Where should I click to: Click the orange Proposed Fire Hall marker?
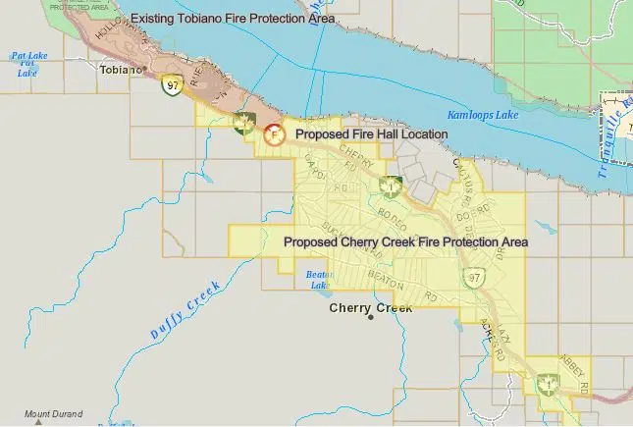click(x=275, y=133)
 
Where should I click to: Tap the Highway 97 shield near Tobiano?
click(x=171, y=86)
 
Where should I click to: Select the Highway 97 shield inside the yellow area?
click(x=475, y=277)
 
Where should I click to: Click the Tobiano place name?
click(x=121, y=71)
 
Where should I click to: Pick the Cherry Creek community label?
click(x=371, y=307)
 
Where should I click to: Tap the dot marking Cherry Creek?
click(x=371, y=318)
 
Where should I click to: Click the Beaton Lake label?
click(x=318, y=280)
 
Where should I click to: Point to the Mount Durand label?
click(x=54, y=414)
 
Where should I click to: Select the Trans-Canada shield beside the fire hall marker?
click(x=244, y=122)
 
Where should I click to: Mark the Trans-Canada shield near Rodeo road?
click(x=391, y=186)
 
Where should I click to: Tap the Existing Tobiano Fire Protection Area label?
click(x=233, y=19)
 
